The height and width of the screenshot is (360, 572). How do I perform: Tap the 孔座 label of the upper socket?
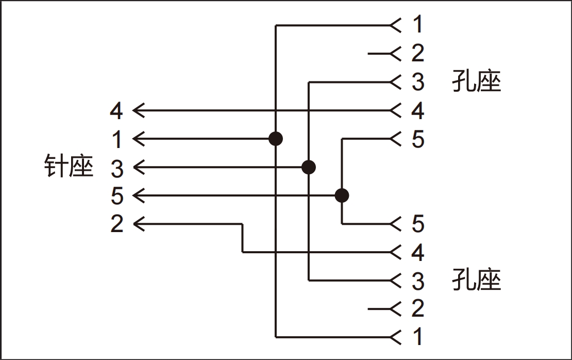point(477,81)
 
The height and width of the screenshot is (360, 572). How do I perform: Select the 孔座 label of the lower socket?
point(477,280)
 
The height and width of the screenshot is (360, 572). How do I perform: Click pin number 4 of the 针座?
point(117,110)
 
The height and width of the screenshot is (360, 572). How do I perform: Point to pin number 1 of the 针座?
point(117,139)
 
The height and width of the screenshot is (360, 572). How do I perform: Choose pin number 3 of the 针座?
point(117,168)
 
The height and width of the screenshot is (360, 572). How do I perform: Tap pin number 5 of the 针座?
point(117,196)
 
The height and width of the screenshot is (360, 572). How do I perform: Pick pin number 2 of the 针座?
point(117,224)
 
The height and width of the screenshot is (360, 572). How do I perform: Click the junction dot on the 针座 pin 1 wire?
point(276,139)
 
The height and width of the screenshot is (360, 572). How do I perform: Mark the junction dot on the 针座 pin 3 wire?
point(308,167)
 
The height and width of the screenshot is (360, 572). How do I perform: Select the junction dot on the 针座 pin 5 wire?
point(341,195)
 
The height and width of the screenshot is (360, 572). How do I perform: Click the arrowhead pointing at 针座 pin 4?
point(138,110)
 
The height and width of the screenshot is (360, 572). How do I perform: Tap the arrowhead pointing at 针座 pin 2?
point(138,224)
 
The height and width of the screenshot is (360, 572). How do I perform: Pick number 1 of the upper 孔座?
point(418,25)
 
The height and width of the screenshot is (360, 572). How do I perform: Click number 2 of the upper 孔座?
point(418,53)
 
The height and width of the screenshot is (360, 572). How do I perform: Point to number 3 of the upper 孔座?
point(418,82)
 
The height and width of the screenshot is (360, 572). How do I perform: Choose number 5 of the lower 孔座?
point(418,224)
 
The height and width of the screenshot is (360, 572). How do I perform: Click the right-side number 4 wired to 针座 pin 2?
point(418,252)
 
